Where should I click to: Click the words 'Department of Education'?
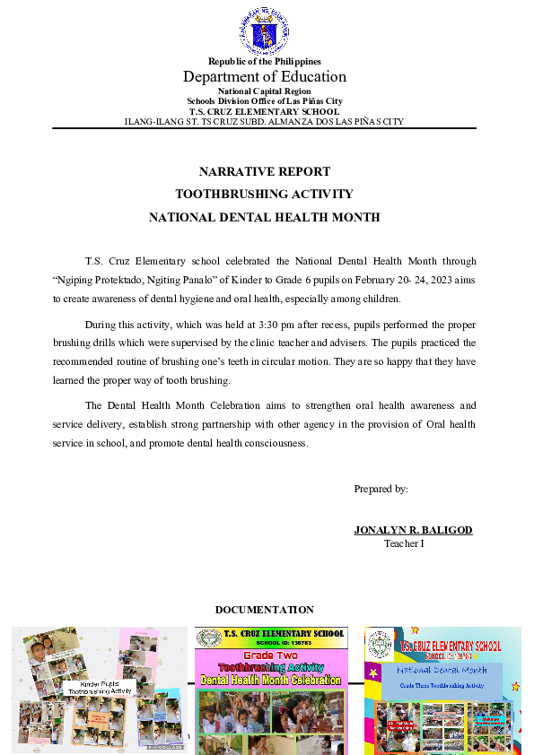(x=265, y=76)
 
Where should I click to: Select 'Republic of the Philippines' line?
(x=265, y=61)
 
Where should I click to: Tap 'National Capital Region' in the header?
(x=265, y=91)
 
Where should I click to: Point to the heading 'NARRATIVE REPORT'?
(x=265, y=171)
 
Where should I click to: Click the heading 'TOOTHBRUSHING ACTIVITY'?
(x=265, y=194)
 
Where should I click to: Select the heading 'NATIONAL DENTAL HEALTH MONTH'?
(x=265, y=217)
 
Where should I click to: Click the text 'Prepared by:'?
(x=381, y=489)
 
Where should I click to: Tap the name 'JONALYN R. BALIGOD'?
(x=413, y=530)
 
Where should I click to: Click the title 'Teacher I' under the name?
(x=404, y=543)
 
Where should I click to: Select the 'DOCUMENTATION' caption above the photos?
(x=265, y=610)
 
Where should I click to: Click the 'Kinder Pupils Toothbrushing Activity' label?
(x=101, y=688)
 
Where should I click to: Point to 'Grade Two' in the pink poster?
(x=271, y=656)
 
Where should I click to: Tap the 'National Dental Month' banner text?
(x=442, y=670)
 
